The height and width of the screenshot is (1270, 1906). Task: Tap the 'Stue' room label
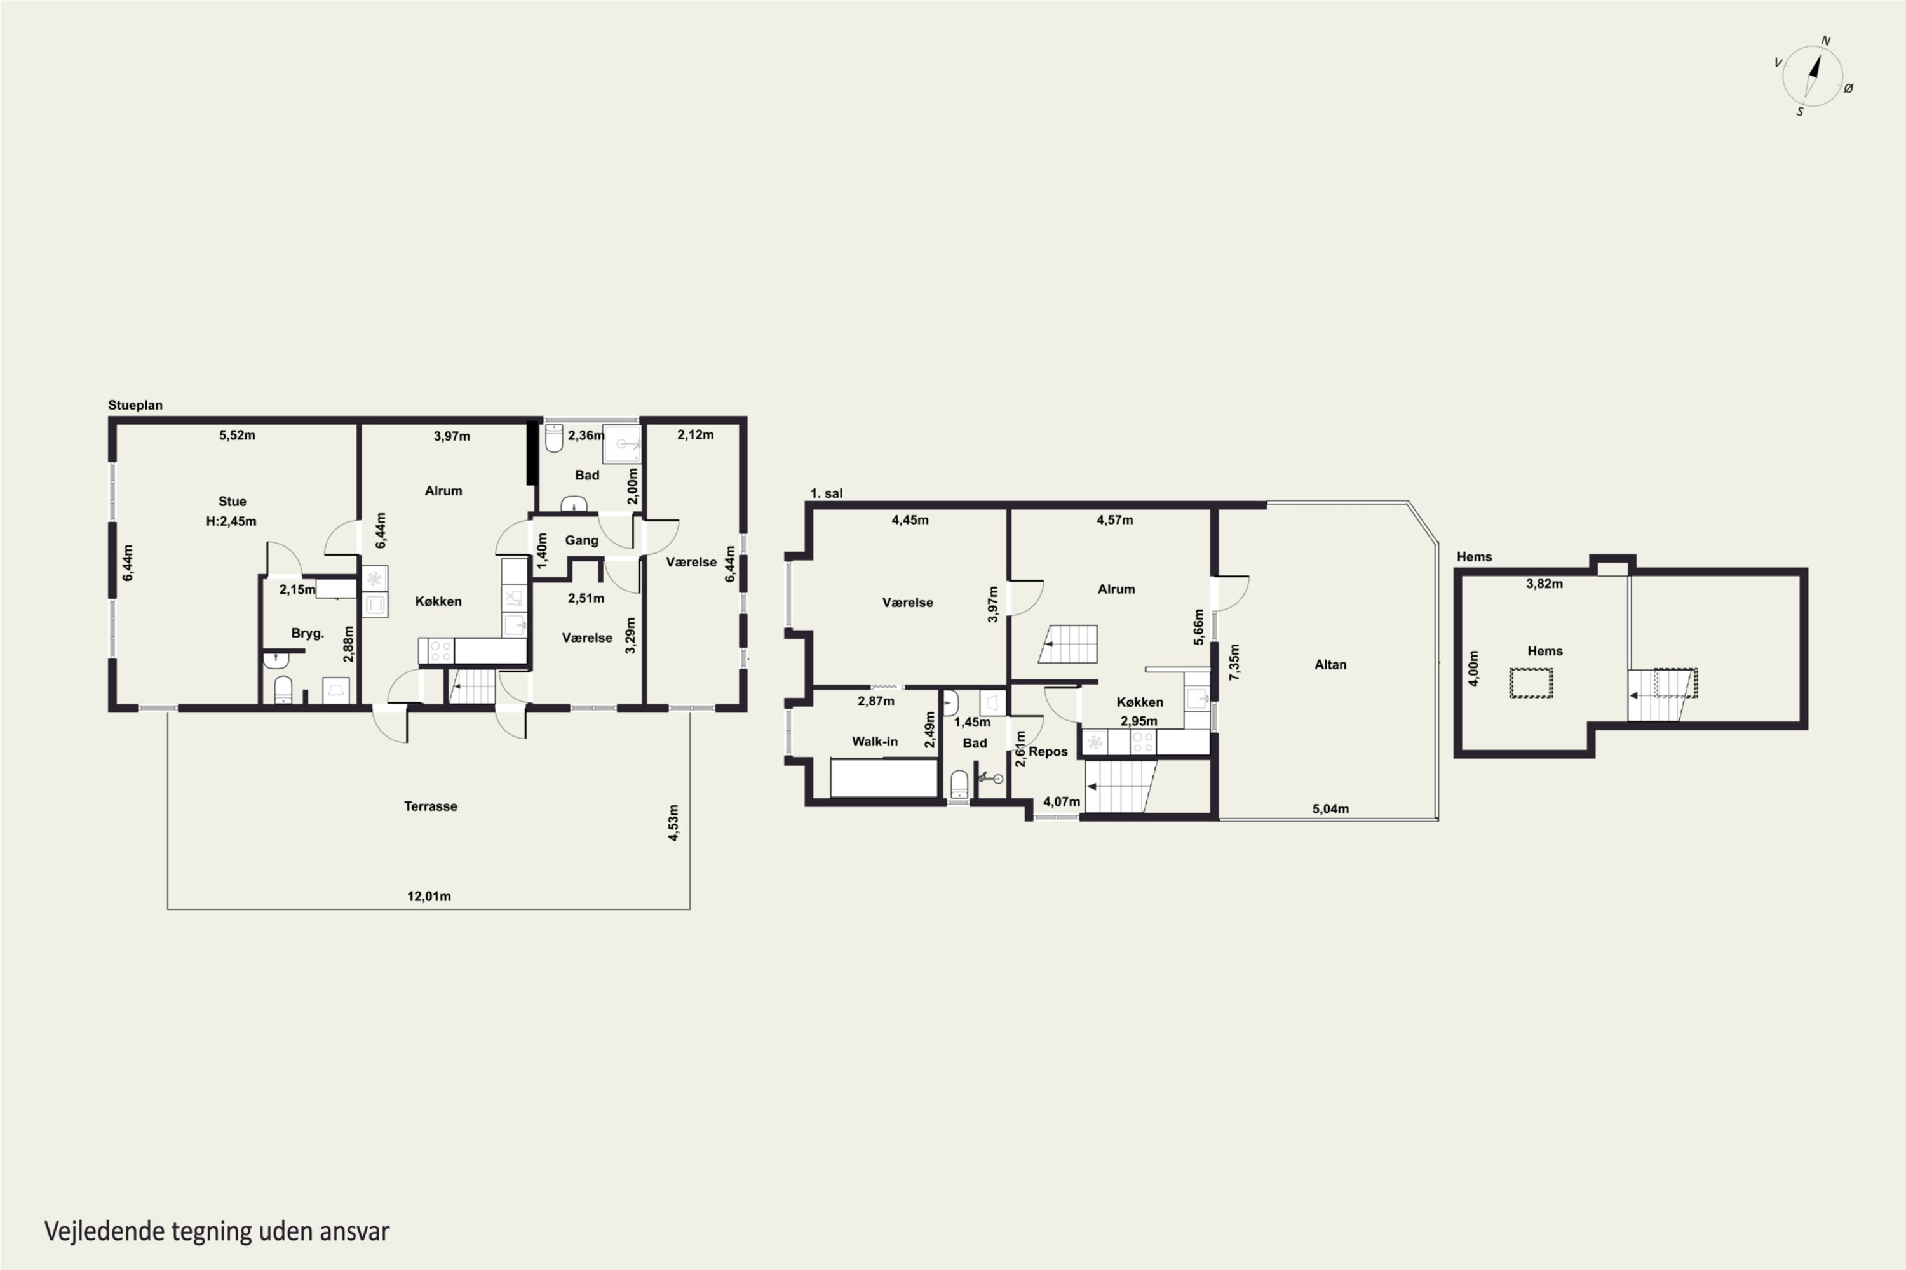pos(232,502)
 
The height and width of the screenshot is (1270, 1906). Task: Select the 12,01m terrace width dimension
pos(429,896)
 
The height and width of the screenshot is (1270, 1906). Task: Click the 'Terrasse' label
pos(430,806)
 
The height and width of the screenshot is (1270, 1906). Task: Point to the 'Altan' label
pos(1330,664)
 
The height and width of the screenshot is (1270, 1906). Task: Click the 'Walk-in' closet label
pos(874,741)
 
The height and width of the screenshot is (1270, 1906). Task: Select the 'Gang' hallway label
pos(582,540)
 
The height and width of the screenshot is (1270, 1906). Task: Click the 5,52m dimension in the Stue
pos(236,435)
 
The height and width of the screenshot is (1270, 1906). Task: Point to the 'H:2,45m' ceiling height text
pos(231,521)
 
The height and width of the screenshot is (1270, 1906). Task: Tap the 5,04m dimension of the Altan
pos(1330,808)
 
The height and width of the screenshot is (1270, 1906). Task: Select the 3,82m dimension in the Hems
pos(1544,583)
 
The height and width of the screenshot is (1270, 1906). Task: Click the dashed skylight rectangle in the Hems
pos(1531,682)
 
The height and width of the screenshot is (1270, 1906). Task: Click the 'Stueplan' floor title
pos(135,405)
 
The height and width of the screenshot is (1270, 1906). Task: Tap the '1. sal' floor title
pos(826,493)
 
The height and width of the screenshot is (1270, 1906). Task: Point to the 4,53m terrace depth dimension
pos(673,823)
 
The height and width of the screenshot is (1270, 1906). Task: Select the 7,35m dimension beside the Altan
pos(1234,662)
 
